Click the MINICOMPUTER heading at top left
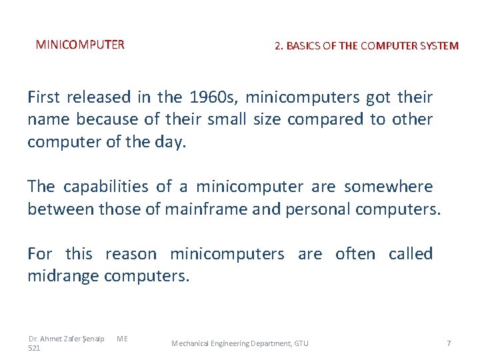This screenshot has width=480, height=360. click(x=80, y=45)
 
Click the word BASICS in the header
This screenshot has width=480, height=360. click(x=304, y=46)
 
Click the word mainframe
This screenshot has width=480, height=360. click(x=207, y=209)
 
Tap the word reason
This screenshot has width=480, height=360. click(x=131, y=254)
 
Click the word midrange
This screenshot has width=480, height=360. click(x=63, y=276)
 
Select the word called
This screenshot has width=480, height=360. click(x=411, y=254)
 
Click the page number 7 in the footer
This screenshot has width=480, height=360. click(x=449, y=343)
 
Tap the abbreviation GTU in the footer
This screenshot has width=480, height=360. click(x=301, y=343)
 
